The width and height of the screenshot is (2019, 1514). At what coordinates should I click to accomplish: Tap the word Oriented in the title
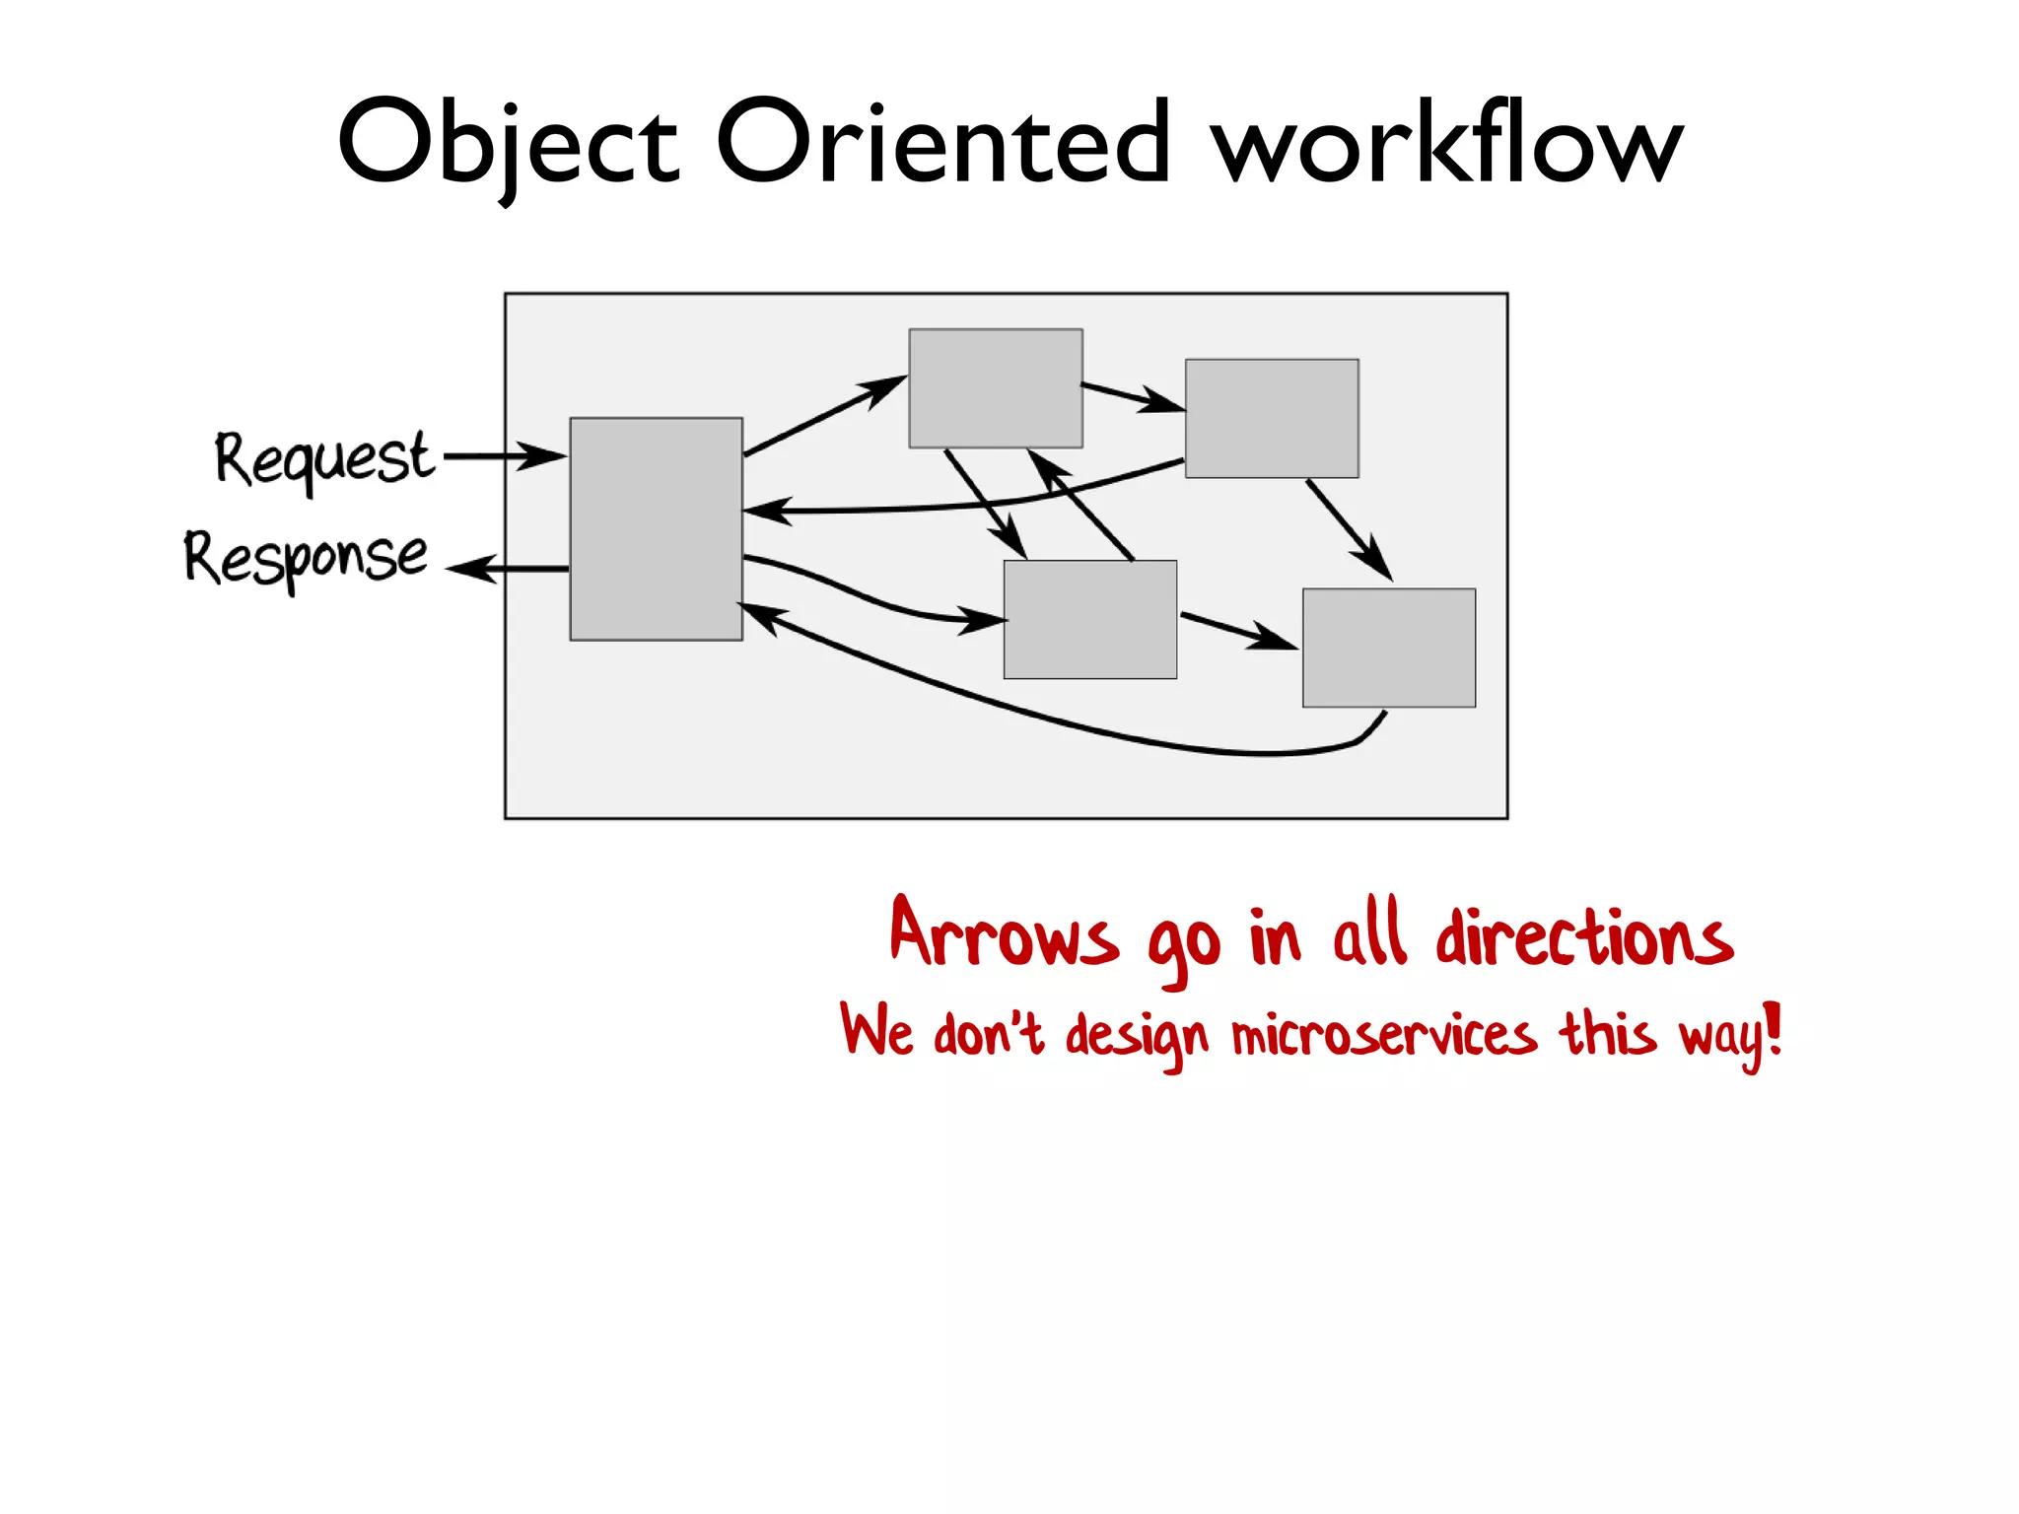(942, 143)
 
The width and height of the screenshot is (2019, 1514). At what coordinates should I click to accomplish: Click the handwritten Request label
(323, 459)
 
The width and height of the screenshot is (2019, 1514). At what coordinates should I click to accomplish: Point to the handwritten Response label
(307, 558)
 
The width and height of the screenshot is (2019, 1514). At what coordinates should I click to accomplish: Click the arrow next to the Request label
(505, 456)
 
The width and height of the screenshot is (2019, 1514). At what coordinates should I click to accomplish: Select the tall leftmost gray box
(656, 529)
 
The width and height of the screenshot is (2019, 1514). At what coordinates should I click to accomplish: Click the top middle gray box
(996, 388)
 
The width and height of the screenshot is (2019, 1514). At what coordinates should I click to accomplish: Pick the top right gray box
(1272, 419)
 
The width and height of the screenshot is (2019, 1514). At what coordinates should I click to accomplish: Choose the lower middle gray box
(1090, 619)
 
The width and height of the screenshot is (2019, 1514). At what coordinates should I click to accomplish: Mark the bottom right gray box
(1389, 648)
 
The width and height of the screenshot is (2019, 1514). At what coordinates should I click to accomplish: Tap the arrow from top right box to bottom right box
(1348, 528)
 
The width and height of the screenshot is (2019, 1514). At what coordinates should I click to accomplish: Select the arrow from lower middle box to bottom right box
(1238, 631)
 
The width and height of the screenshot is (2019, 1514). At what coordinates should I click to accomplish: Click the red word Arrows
(1004, 935)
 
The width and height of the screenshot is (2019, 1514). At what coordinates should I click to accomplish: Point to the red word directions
(1583, 936)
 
